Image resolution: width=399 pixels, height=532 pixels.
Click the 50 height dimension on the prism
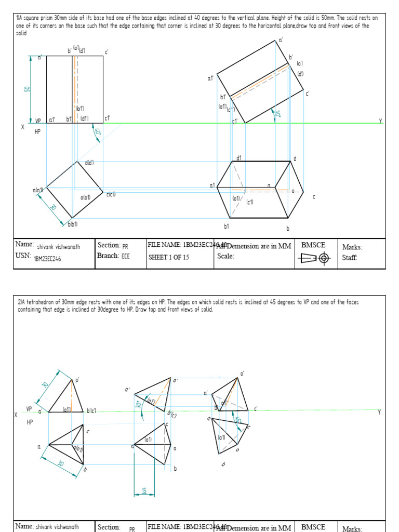pos(26,89)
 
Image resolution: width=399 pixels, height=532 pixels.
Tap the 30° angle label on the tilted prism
pos(277,114)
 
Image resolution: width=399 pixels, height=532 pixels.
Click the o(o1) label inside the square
pos(86,197)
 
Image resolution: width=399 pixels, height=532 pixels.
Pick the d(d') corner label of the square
pos(89,163)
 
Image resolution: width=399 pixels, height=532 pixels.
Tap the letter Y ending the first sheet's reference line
pos(380,121)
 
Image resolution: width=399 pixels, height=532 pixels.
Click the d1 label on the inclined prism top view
pos(239,158)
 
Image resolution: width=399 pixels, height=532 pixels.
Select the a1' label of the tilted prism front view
pos(210,78)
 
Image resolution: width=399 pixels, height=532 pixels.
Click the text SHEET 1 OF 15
pos(169,256)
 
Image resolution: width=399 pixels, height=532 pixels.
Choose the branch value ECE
pos(126,256)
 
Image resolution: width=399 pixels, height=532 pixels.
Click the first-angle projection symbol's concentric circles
pos(324,258)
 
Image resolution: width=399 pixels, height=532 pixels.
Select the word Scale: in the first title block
pos(225,256)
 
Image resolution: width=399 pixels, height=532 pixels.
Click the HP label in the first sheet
pos(37,132)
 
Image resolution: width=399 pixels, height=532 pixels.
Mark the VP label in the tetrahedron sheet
pos(29,409)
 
